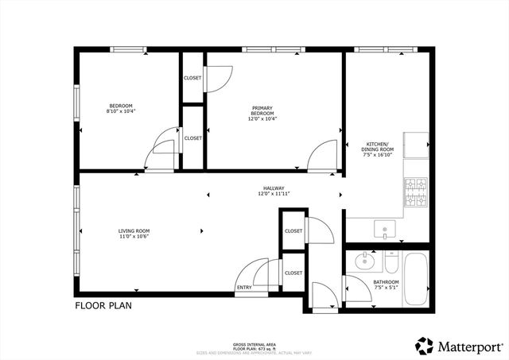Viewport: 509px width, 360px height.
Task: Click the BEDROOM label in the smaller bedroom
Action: coord(121,106)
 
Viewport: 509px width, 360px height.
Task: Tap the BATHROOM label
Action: coord(387,281)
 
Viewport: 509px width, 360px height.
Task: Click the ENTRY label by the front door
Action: coord(243,288)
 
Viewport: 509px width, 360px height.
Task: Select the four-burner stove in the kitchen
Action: coord(415,192)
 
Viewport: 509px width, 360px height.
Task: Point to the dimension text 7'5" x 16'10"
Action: coord(379,156)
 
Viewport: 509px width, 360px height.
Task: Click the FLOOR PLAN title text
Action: coord(103,304)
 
